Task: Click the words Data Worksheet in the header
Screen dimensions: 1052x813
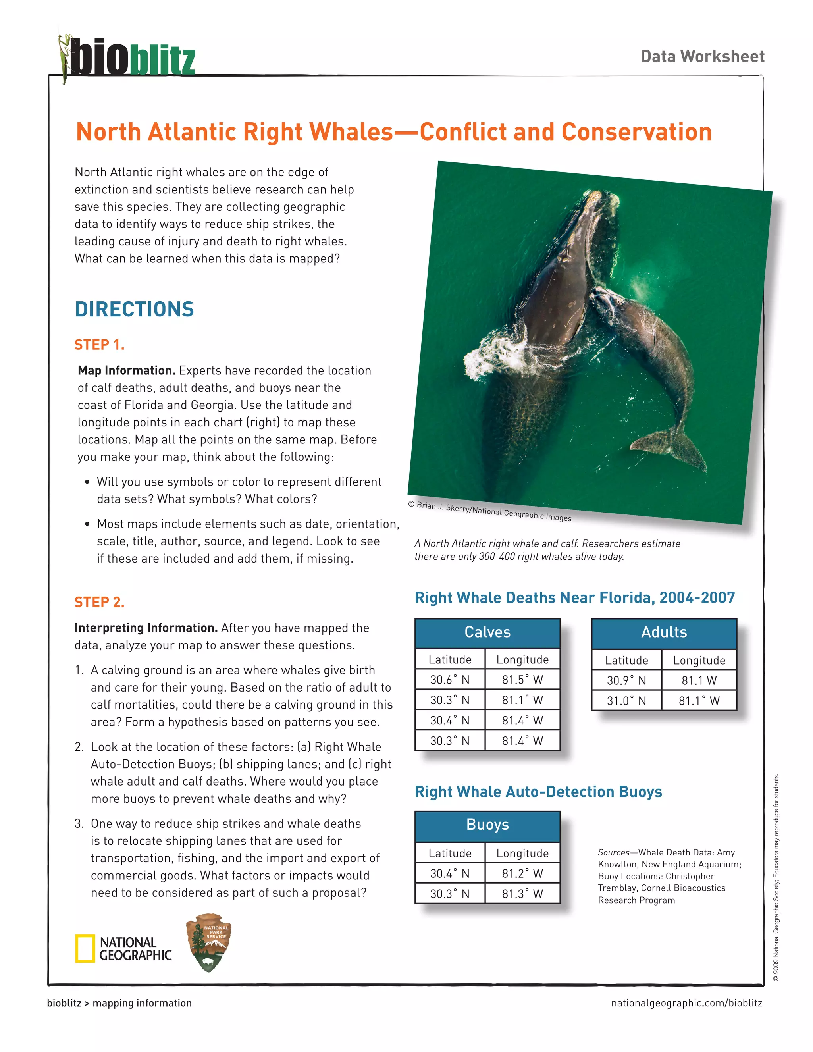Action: coord(702,56)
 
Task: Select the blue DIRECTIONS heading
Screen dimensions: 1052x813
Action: coord(134,309)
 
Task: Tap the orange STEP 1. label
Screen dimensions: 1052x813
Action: coord(99,345)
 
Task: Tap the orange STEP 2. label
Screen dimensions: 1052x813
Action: coord(99,602)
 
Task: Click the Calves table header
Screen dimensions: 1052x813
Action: coord(487,632)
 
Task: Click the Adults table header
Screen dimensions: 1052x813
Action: coord(664,632)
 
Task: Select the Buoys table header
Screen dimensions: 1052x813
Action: coord(487,825)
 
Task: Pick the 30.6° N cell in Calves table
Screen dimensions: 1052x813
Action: coord(449,680)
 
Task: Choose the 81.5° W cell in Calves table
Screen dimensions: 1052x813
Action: coord(522,680)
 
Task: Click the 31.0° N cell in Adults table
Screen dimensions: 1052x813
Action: coord(626,700)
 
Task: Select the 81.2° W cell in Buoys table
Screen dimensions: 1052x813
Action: coord(522,873)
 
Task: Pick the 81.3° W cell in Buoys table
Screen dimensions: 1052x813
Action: coord(522,894)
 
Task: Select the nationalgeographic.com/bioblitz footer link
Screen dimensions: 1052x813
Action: coord(686,1003)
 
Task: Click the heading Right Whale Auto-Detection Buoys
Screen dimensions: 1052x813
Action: coord(538,792)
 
